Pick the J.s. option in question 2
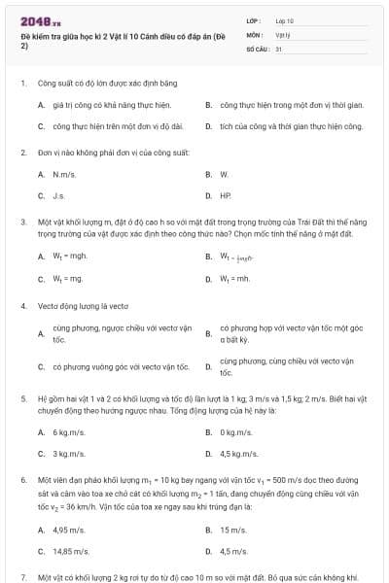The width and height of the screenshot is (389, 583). click(58, 195)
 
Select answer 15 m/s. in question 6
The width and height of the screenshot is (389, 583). click(232, 530)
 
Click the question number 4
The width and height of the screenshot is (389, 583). click(23, 305)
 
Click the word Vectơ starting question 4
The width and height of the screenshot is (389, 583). click(49, 305)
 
